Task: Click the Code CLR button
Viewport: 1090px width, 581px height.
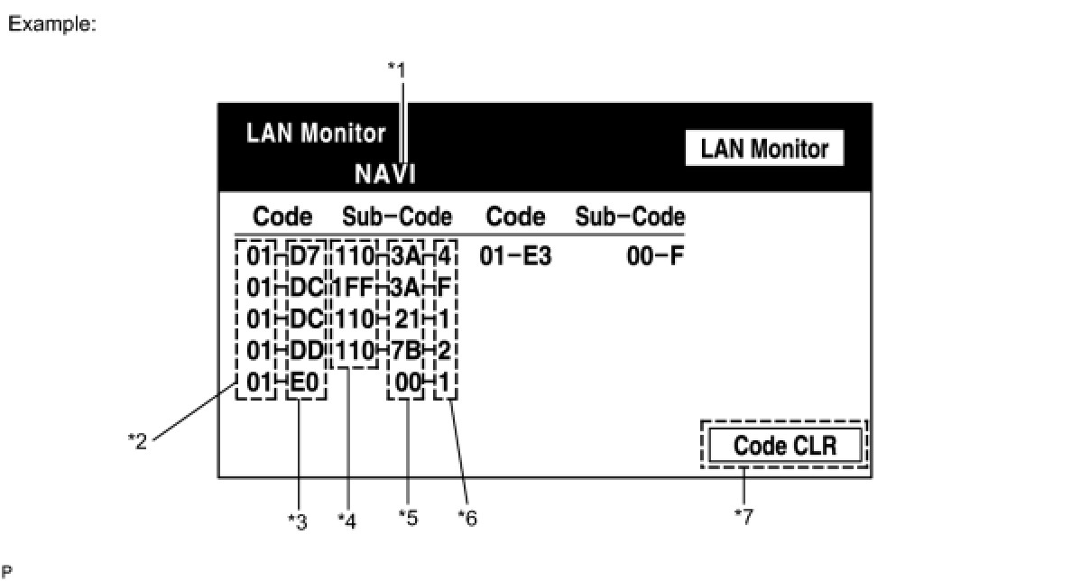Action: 785,445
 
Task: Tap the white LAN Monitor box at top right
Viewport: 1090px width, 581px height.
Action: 764,149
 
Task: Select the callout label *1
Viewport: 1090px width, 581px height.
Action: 398,68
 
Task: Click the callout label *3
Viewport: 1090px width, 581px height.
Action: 297,521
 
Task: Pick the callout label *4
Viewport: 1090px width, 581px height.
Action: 347,521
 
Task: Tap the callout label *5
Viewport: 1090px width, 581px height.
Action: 409,518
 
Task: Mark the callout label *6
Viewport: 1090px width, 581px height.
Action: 466,518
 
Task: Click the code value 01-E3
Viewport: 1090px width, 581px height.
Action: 515,257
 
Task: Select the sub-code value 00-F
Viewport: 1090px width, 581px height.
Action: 656,257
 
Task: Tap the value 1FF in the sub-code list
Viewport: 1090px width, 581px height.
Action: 353,289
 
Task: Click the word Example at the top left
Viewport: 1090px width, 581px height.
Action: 51,25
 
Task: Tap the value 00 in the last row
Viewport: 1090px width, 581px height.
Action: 409,383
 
